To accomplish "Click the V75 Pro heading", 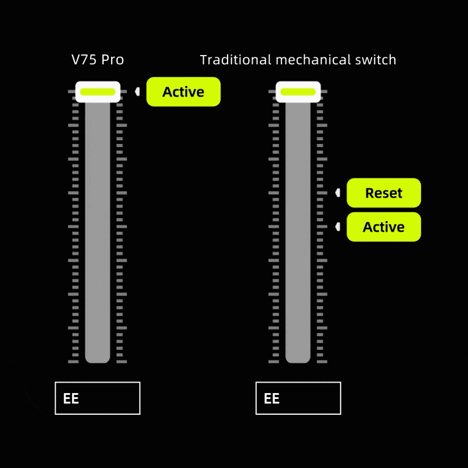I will coord(98,60).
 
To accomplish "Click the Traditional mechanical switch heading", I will coord(298,60).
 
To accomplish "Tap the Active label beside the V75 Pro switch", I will coord(183,92).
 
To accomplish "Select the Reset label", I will coord(384,193).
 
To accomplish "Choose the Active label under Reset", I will coord(384,227).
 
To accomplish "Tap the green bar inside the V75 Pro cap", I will coord(98,91).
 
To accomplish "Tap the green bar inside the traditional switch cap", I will coord(298,91).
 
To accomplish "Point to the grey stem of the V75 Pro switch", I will coord(98,234).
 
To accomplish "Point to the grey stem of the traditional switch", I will coord(298,234).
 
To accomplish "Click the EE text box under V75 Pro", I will coord(98,398).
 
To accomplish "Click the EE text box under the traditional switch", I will coord(298,398).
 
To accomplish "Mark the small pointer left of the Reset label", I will coord(338,193).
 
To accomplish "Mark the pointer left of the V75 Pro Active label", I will coord(137,92).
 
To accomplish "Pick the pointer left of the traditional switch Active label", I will coord(338,227).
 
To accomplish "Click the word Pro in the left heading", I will coord(112,60).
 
